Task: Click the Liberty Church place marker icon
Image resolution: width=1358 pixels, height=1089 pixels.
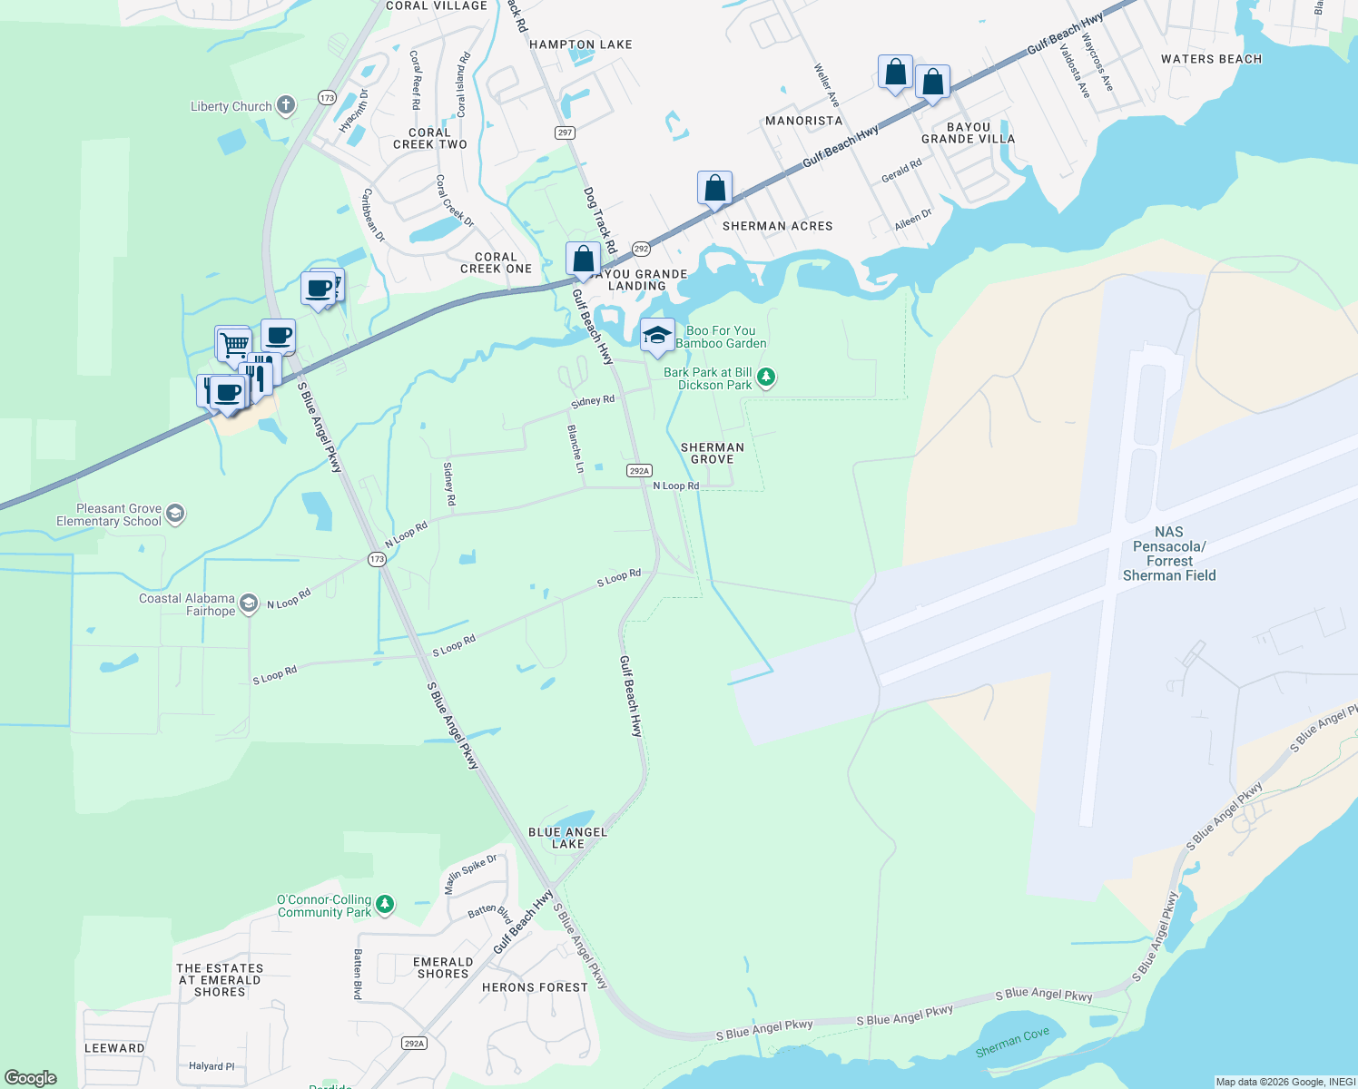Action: click(286, 106)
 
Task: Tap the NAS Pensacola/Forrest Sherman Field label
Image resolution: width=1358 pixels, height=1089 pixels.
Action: click(1169, 554)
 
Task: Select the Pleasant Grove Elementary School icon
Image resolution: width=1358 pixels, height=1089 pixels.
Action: click(175, 515)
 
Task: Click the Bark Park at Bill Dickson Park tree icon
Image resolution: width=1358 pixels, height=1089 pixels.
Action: click(766, 377)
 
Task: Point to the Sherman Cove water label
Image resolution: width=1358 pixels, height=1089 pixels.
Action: click(1012, 1042)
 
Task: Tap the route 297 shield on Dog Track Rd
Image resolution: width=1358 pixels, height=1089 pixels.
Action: click(565, 132)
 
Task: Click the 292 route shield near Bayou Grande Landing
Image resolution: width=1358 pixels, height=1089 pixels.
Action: click(641, 249)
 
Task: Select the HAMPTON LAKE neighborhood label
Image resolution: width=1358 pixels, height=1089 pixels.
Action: click(580, 44)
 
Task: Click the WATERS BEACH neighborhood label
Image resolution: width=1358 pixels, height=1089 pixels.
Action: click(1211, 59)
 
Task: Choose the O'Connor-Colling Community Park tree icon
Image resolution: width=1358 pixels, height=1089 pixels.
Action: click(385, 904)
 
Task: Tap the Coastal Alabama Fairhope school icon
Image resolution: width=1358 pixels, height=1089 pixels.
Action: click(249, 604)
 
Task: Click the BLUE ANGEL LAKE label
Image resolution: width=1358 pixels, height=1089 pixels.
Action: click(567, 838)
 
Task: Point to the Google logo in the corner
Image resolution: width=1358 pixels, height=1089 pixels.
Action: click(31, 1077)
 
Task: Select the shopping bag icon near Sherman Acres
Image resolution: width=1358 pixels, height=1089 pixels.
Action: click(714, 189)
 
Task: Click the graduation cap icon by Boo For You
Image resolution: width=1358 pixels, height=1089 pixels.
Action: click(657, 336)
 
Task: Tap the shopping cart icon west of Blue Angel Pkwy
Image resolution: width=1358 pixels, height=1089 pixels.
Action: click(234, 344)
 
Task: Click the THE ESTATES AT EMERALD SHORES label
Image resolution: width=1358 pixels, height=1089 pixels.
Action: click(220, 980)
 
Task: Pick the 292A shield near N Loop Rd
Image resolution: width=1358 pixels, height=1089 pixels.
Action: click(639, 470)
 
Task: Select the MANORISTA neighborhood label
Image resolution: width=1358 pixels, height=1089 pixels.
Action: click(803, 121)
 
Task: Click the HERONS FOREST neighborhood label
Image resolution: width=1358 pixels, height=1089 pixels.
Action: click(535, 987)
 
